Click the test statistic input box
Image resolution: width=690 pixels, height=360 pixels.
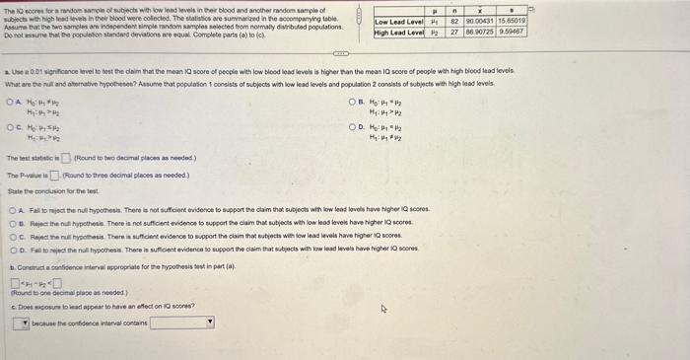click(x=65, y=158)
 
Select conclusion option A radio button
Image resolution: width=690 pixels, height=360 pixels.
click(x=11, y=210)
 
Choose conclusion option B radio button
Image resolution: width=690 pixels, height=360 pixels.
click(x=11, y=222)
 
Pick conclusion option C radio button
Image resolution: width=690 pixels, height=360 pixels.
click(x=11, y=234)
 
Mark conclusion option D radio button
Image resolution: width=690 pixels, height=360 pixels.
click(x=11, y=246)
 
